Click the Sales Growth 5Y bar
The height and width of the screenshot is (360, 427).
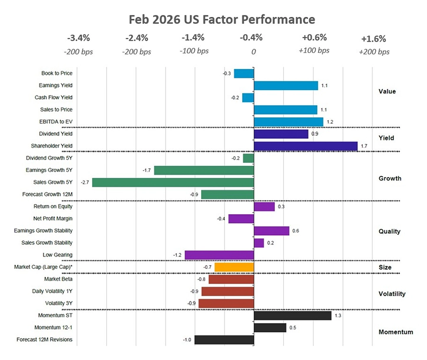[173, 183]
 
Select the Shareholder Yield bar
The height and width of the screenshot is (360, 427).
[306, 146]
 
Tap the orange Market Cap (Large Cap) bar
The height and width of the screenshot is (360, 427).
[234, 267]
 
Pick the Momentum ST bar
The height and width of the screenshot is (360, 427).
[293, 316]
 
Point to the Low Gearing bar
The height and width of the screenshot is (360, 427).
[219, 255]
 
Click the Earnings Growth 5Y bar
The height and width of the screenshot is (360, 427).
[204, 170]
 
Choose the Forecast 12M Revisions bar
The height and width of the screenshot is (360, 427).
[224, 340]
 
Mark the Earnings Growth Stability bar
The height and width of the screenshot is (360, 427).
[271, 231]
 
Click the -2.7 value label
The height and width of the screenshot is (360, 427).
[86, 183]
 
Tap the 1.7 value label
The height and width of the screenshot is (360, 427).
[364, 146]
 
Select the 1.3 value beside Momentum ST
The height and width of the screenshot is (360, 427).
[338, 316]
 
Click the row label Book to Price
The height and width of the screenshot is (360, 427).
[57, 73]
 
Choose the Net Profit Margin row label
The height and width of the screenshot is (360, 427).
[53, 219]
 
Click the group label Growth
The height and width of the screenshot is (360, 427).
[389, 178]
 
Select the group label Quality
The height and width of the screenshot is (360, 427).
[389, 231]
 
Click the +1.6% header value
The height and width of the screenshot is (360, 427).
[373, 39]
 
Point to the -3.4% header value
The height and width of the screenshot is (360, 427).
[78, 38]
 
